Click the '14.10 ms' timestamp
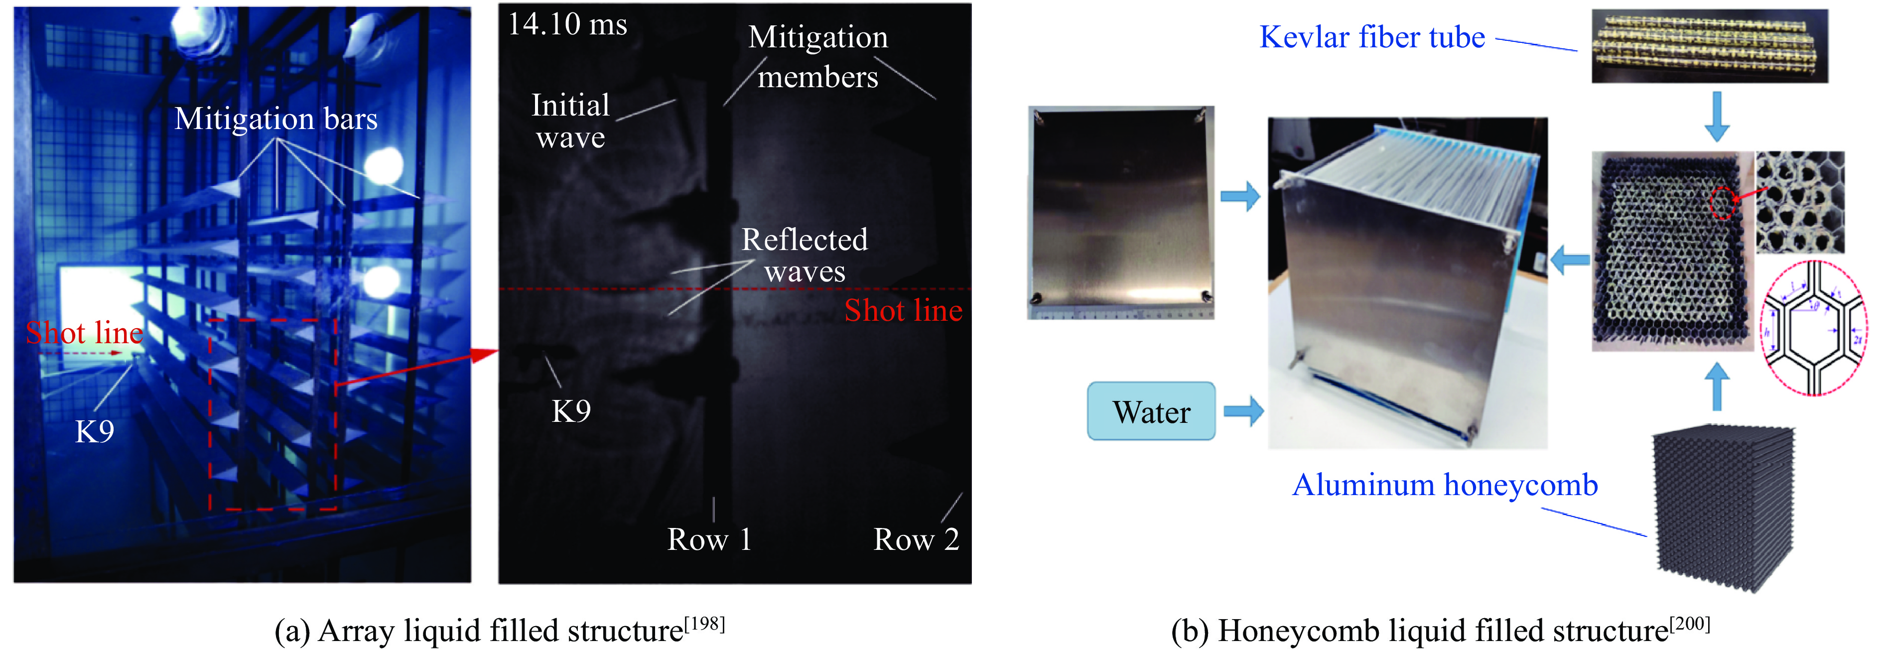(x=567, y=25)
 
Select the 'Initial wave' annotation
(x=570, y=121)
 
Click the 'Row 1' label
(x=709, y=540)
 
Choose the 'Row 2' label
(x=916, y=540)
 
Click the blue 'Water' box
(x=1151, y=411)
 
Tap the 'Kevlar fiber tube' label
(x=1372, y=37)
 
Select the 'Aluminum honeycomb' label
(x=1445, y=485)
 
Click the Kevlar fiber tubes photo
(x=1709, y=45)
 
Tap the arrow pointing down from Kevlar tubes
(x=1716, y=116)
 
